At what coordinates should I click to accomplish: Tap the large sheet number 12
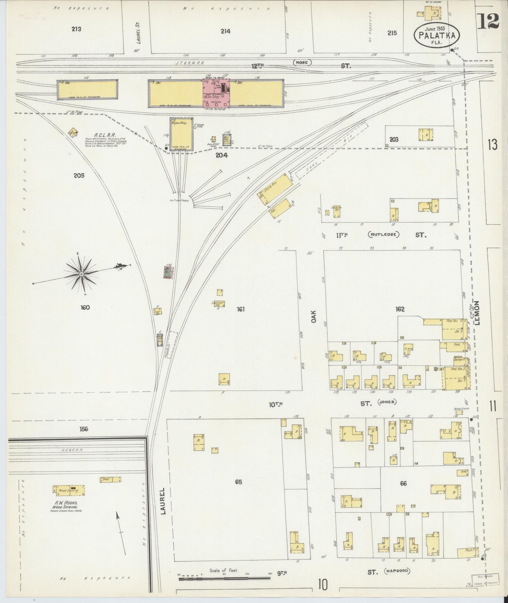[488, 20]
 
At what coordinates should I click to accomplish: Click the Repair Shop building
[181, 134]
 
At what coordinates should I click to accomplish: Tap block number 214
[225, 31]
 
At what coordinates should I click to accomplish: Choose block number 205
[79, 176]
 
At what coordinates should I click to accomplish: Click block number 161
[240, 309]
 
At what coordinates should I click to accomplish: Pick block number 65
[239, 482]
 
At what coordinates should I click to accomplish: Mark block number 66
[403, 483]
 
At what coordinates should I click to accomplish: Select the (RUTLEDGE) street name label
[384, 234]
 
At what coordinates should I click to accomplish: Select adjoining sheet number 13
[492, 145]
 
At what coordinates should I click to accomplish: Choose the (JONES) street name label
[387, 402]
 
